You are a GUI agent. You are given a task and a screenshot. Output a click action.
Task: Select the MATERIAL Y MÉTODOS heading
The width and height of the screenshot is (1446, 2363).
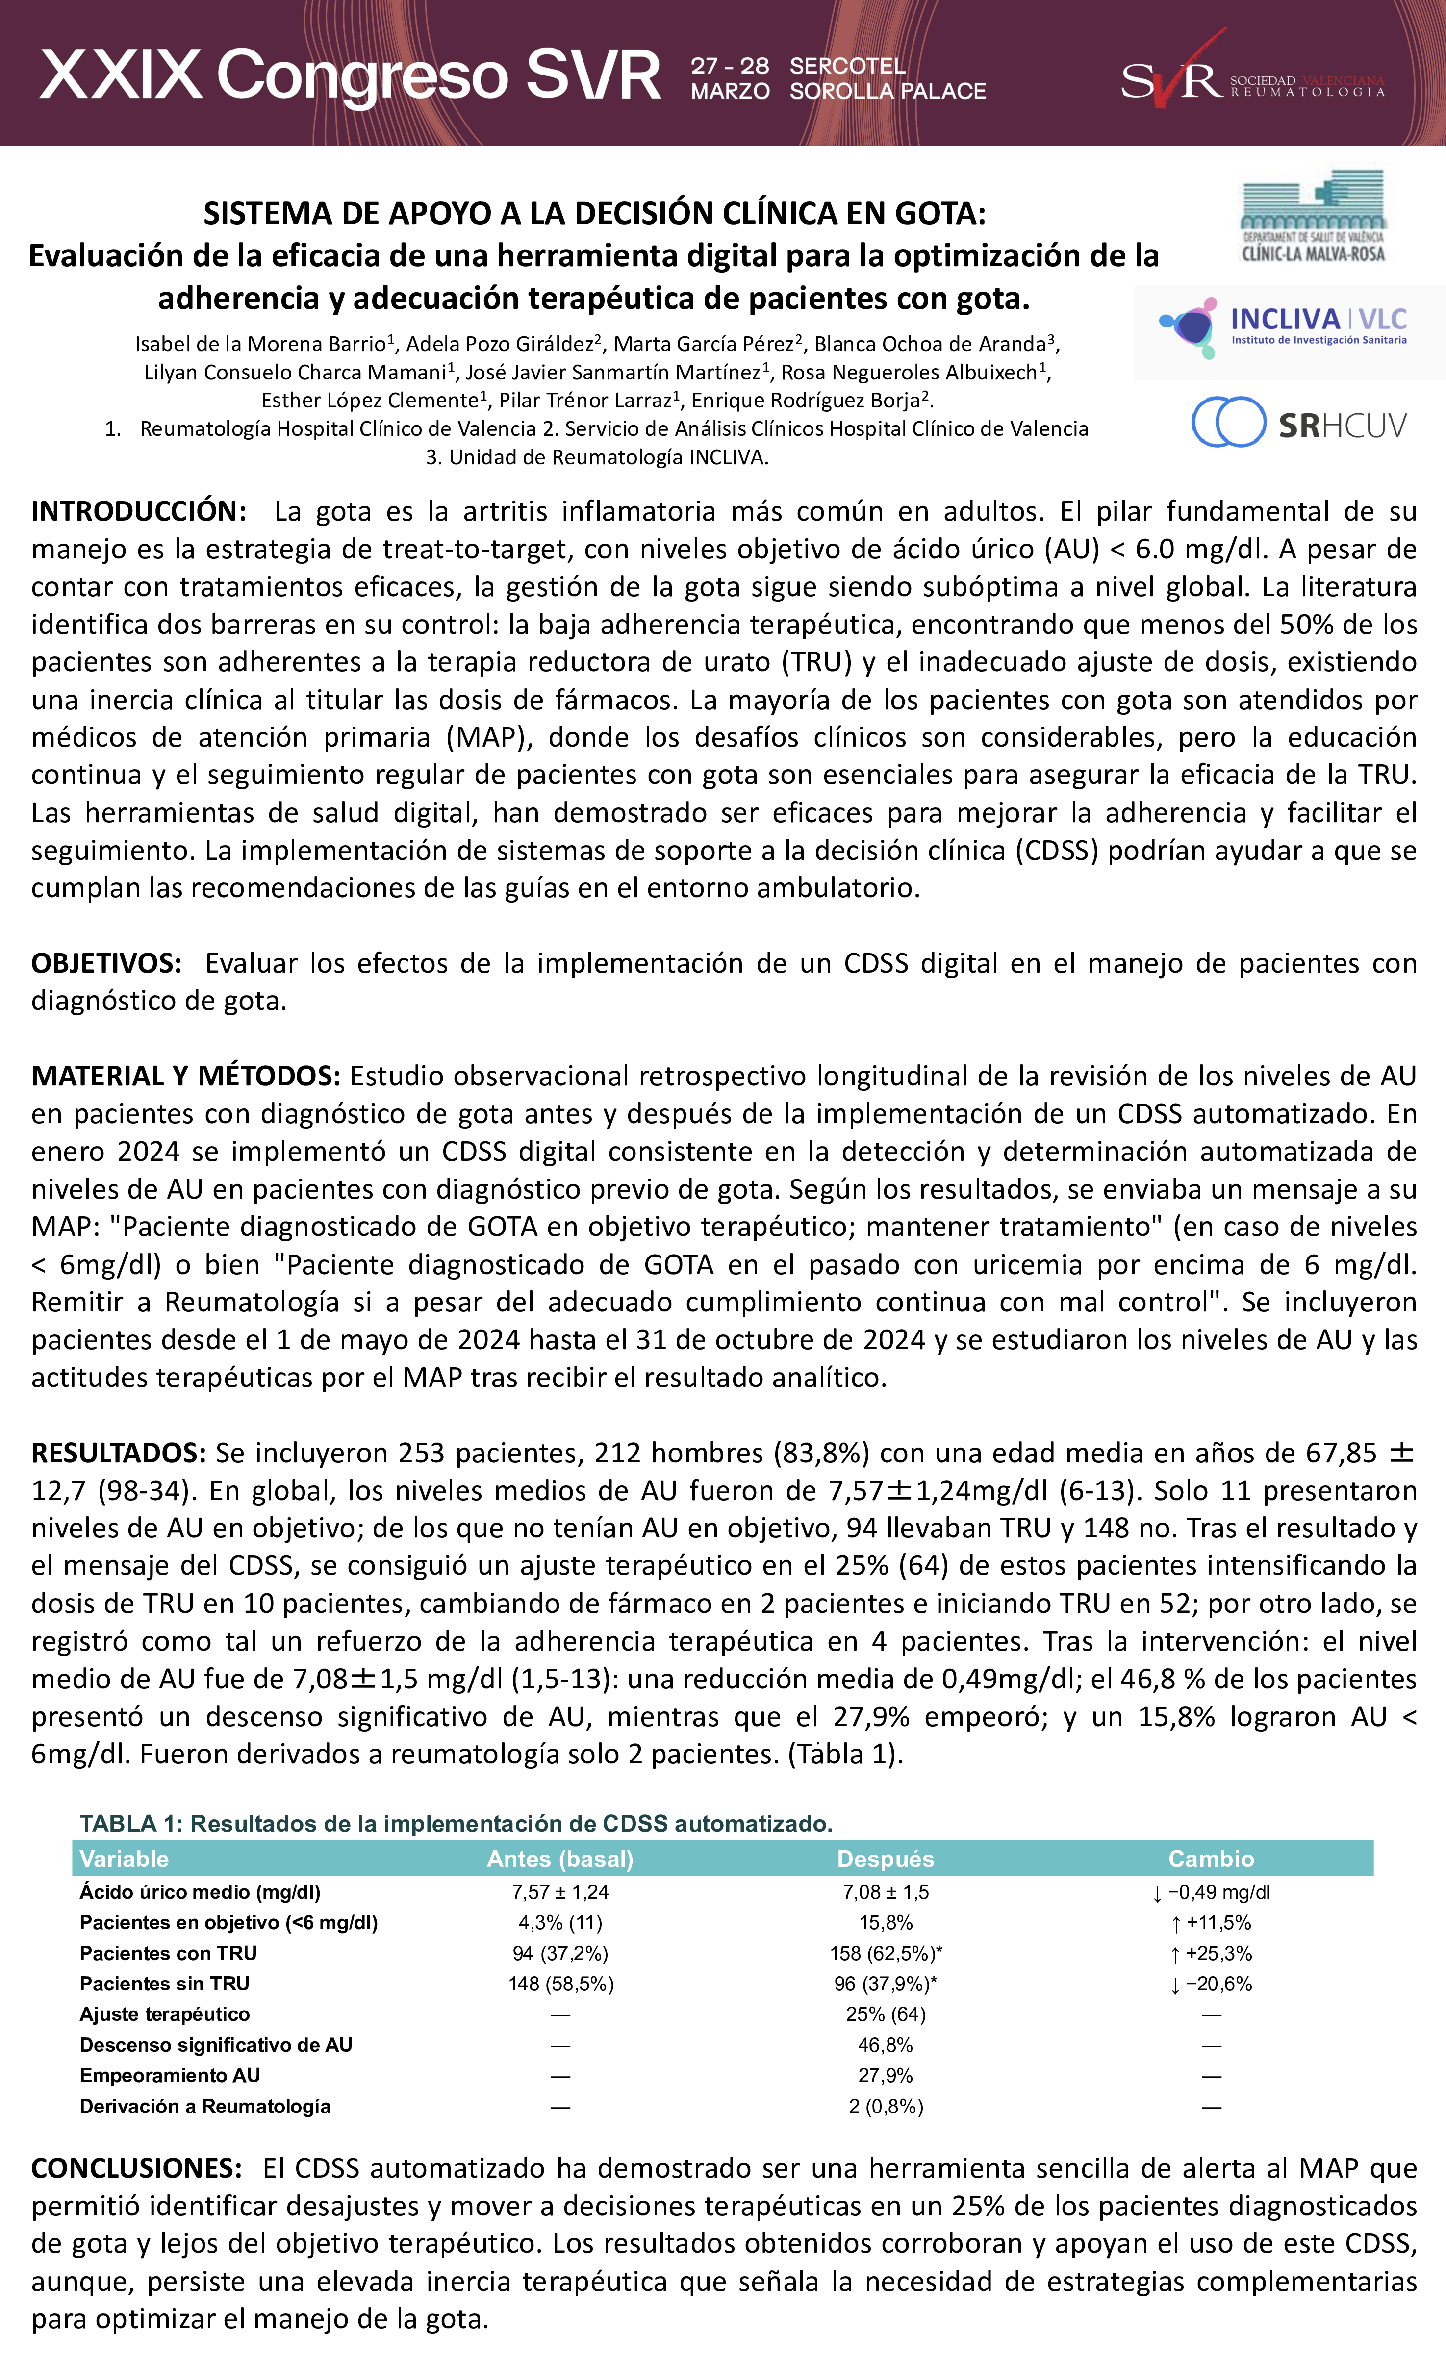(185, 1076)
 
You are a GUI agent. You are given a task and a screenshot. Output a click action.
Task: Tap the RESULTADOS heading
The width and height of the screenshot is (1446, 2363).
(118, 1453)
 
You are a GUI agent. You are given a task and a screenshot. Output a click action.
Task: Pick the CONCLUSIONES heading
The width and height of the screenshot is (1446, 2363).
(136, 2168)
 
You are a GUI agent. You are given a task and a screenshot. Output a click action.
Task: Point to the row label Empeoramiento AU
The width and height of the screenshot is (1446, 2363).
(170, 2075)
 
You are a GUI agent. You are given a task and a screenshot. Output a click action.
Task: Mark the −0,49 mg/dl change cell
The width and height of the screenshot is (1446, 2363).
(1211, 1892)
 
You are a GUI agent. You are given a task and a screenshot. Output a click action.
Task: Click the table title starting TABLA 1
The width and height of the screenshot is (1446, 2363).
(456, 1823)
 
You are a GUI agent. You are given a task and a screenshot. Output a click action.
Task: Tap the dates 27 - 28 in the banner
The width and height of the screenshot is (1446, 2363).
(730, 65)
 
